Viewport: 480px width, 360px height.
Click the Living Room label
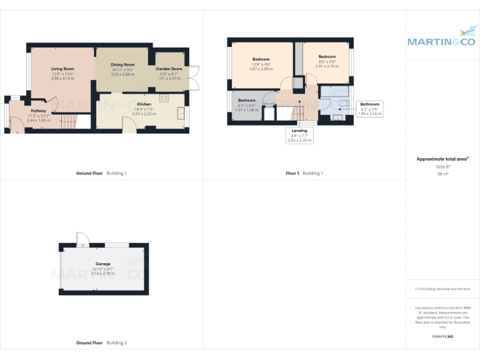point(62,69)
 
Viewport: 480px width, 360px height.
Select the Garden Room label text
point(169,69)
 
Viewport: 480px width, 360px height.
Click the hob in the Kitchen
point(164,98)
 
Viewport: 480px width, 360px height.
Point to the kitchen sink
point(181,113)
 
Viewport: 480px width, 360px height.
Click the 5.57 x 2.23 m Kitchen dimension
point(144,114)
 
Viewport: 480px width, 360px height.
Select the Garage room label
point(103,264)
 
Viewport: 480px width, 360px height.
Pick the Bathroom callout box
point(369,109)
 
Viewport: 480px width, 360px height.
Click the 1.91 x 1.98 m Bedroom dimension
point(246,109)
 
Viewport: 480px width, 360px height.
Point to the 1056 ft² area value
point(442,167)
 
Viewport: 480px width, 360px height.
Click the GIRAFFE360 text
point(442,337)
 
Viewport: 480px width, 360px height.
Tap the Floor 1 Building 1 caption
point(304,173)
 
